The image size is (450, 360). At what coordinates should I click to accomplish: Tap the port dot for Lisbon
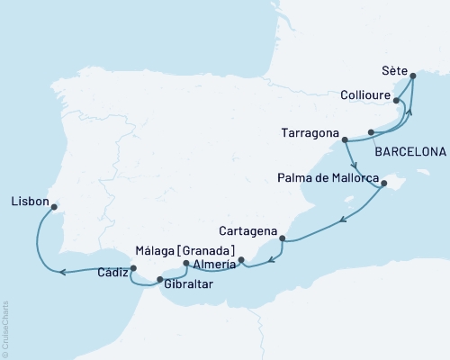pyautogui.click(x=54, y=207)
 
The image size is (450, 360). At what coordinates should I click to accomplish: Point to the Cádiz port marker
pyautogui.click(x=133, y=267)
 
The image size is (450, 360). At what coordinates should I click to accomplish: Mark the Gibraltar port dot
pyautogui.click(x=160, y=280)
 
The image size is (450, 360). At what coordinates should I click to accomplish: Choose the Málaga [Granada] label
pyautogui.click(x=184, y=250)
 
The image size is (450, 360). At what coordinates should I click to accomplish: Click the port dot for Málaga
pyautogui.click(x=185, y=264)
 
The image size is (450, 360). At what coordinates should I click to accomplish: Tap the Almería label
pyautogui.click(x=213, y=264)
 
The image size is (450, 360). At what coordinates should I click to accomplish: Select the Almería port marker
pyautogui.click(x=241, y=262)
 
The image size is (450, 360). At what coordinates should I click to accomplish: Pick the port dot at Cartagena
pyautogui.click(x=283, y=238)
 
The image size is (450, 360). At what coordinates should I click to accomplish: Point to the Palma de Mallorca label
pyautogui.click(x=328, y=178)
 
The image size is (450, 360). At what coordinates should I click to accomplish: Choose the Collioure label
pyautogui.click(x=365, y=94)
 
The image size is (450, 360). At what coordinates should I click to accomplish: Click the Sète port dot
pyautogui.click(x=413, y=76)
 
